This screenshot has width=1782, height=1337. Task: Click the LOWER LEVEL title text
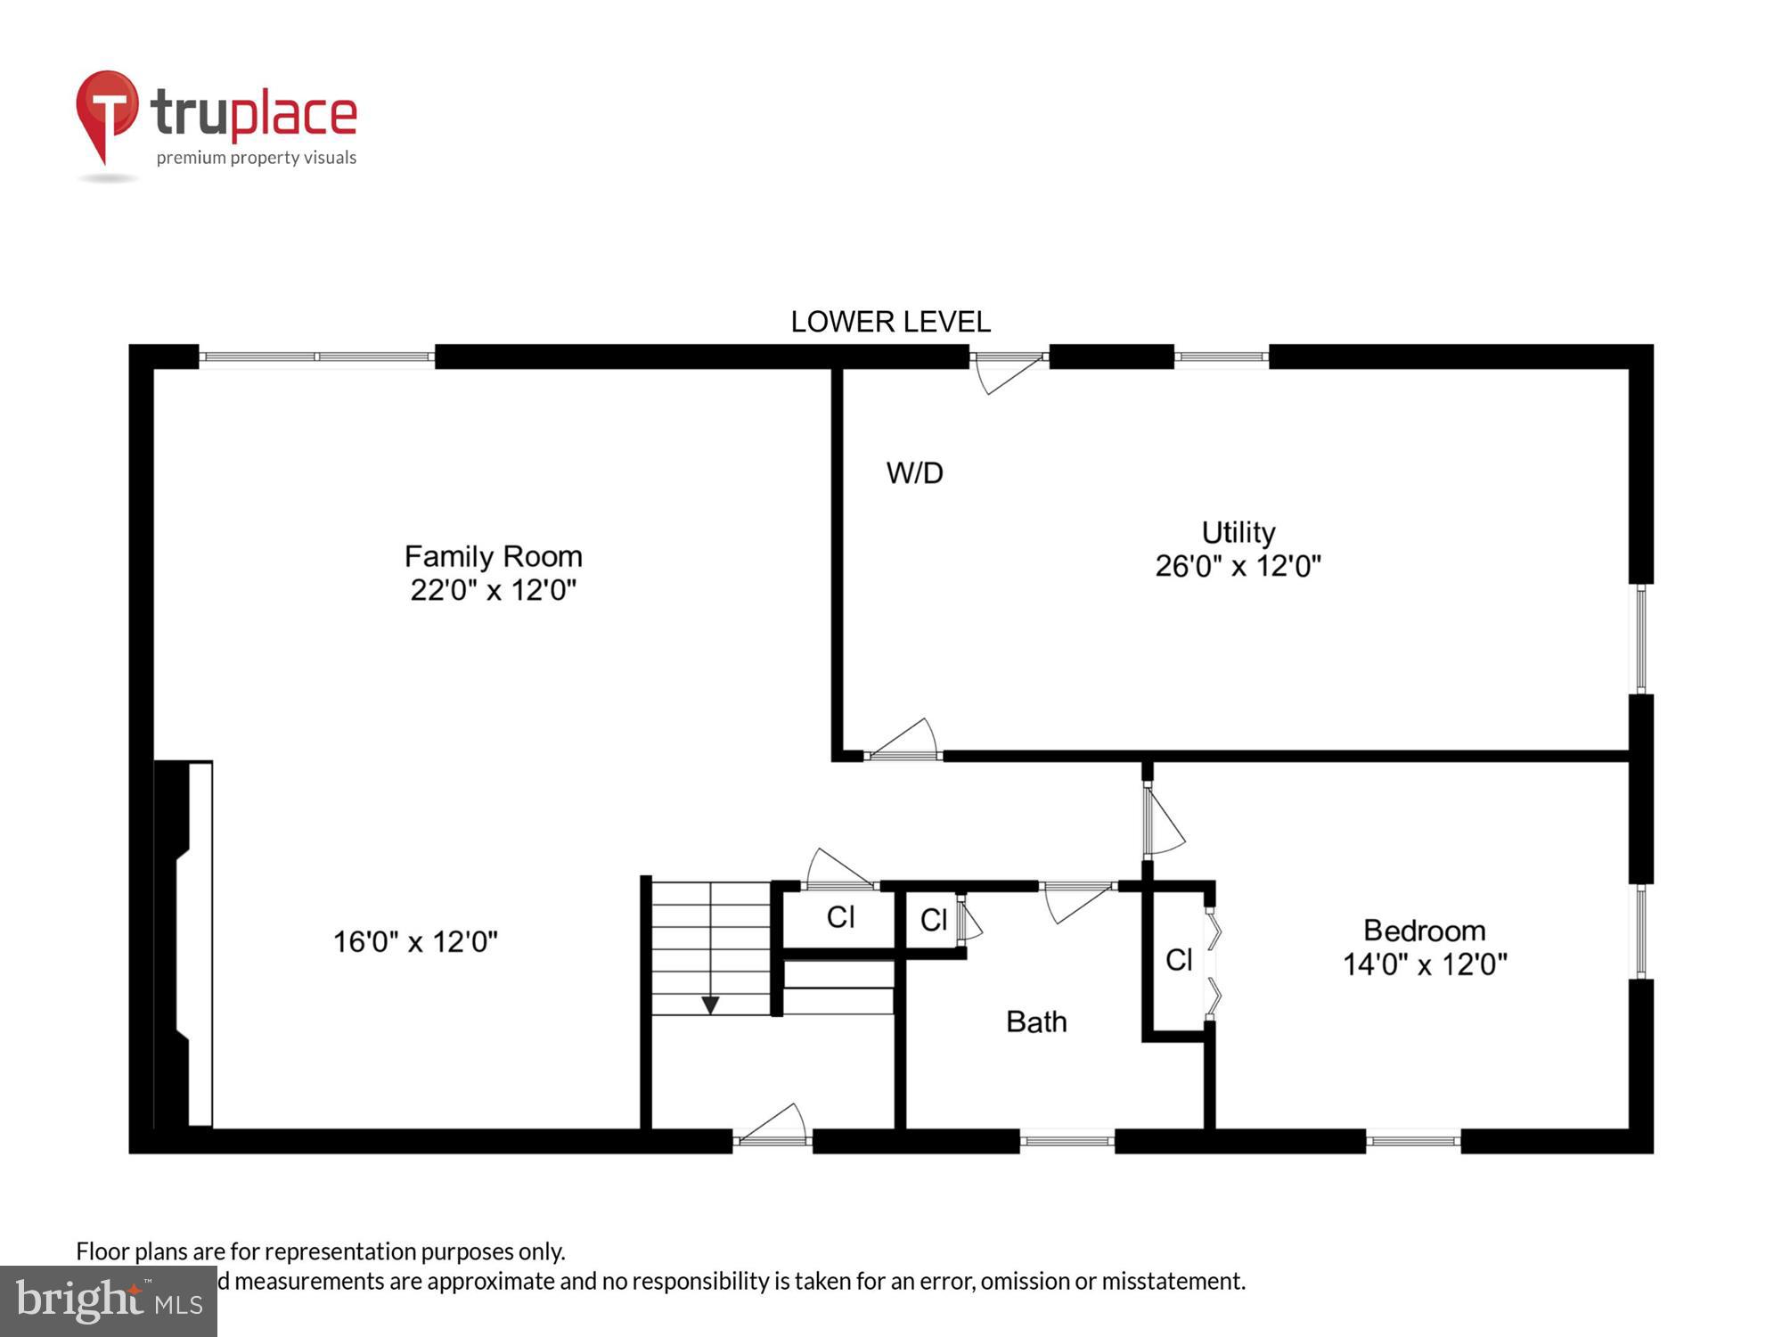pyautogui.click(x=890, y=322)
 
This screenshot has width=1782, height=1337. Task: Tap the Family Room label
pyautogui.click(x=493, y=556)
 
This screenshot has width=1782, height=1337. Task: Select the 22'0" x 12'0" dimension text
pyautogui.click(x=493, y=590)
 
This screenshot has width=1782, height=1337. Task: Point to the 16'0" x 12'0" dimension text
pyautogui.click(x=415, y=941)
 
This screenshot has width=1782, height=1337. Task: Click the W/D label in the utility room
pyautogui.click(x=914, y=472)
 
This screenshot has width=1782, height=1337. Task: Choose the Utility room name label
pyautogui.click(x=1238, y=532)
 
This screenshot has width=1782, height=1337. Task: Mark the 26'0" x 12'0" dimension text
pyautogui.click(x=1238, y=566)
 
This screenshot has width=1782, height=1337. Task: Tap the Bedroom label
pyautogui.click(x=1424, y=931)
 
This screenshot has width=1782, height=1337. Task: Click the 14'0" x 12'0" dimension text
pyautogui.click(x=1424, y=964)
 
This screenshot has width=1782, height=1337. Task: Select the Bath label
pyautogui.click(x=1035, y=1021)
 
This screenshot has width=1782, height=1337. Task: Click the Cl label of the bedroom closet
pyautogui.click(x=1178, y=960)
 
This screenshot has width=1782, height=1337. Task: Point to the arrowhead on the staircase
pyautogui.click(x=710, y=1005)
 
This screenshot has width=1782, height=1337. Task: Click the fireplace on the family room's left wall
pyautogui.click(x=184, y=945)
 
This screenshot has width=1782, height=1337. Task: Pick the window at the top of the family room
pyautogui.click(x=316, y=357)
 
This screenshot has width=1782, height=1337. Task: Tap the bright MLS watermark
pyautogui.click(x=108, y=1301)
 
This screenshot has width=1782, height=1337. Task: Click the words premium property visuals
pyautogui.click(x=257, y=158)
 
